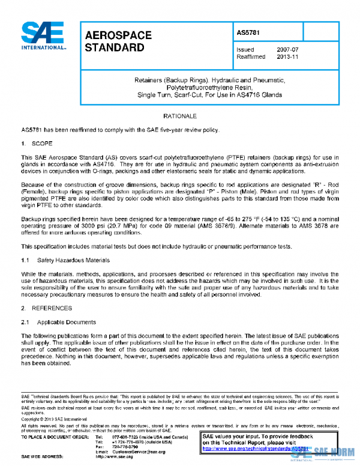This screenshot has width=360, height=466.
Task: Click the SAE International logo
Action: click(43, 36)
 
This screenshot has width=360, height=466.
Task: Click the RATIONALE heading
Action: click(179, 115)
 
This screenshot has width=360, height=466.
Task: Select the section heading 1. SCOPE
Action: click(37, 144)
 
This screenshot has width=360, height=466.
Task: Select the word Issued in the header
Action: click(245, 50)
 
